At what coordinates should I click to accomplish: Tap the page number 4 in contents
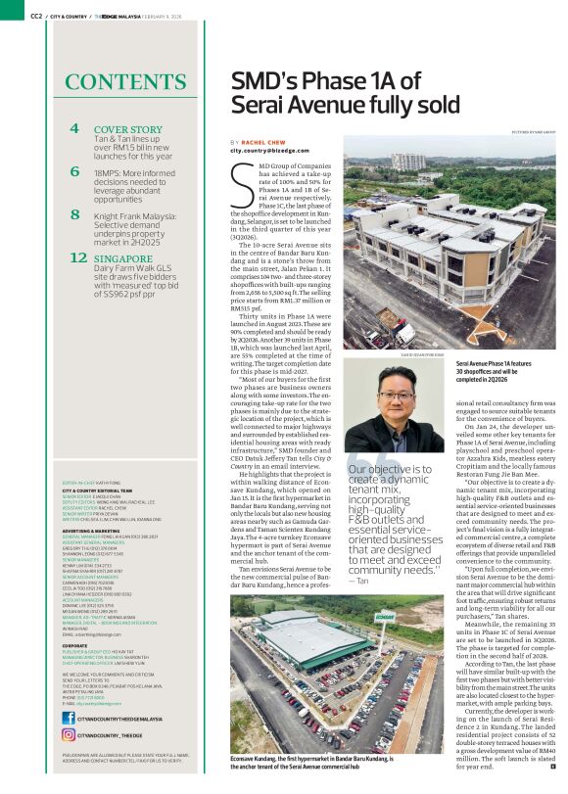point(74,129)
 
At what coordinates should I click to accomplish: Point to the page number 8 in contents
point(74,214)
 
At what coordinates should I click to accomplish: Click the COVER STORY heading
point(128,129)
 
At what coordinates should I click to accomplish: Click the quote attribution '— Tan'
point(358,582)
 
